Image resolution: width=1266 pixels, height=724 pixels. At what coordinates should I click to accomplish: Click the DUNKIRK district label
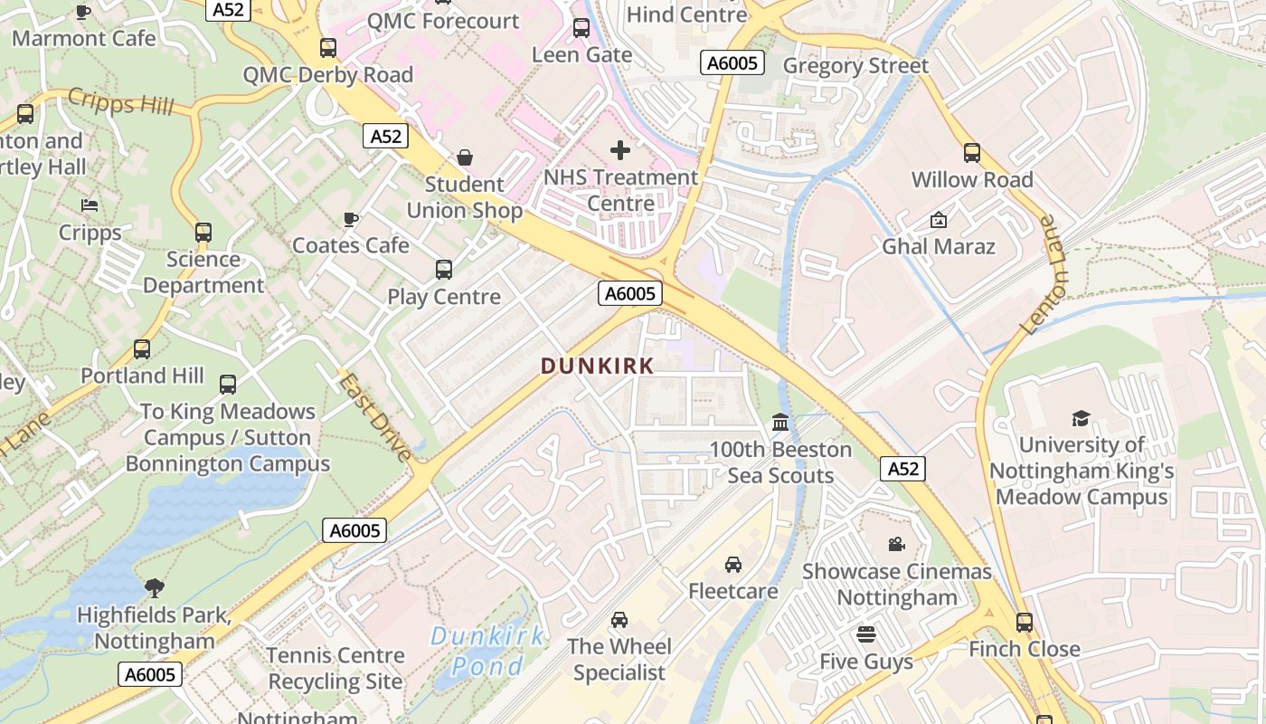(x=597, y=366)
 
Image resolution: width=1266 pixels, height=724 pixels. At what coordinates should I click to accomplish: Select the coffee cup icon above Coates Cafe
(x=351, y=219)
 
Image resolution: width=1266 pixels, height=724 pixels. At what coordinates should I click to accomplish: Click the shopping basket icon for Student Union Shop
(x=465, y=157)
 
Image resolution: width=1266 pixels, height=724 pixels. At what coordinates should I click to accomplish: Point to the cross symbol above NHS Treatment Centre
(x=620, y=149)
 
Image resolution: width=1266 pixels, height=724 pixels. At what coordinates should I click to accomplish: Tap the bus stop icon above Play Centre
(x=443, y=269)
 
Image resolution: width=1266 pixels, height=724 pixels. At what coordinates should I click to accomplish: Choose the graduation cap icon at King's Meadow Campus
(x=1081, y=417)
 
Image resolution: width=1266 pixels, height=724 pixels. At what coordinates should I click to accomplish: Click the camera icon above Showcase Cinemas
(x=896, y=544)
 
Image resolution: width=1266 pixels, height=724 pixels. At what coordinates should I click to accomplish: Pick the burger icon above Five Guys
(x=866, y=633)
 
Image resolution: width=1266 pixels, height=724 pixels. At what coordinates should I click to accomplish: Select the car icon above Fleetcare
(x=733, y=564)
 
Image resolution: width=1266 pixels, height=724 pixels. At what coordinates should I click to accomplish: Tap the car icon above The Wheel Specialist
(x=619, y=619)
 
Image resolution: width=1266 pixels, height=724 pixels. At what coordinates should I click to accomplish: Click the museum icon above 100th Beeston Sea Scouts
(x=780, y=422)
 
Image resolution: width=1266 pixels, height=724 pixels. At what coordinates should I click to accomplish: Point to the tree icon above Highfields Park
(x=155, y=587)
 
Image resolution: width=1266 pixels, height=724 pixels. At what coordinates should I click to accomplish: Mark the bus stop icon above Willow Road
(x=972, y=152)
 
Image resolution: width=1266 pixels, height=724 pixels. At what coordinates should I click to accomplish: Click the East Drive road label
(x=376, y=417)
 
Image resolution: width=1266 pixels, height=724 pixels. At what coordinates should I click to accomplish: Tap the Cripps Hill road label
(x=120, y=102)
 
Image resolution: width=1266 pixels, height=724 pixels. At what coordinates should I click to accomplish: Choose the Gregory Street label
(x=855, y=65)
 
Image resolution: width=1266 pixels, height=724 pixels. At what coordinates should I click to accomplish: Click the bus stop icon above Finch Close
(x=1024, y=622)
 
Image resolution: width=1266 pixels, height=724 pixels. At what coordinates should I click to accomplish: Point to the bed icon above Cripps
(x=90, y=205)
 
